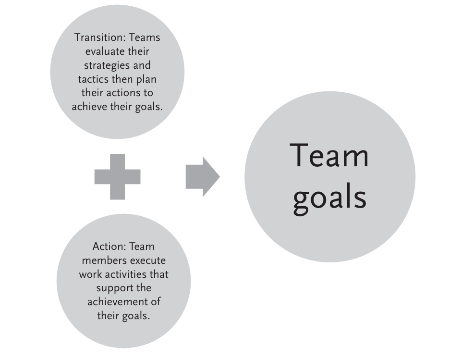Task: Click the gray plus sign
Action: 117,176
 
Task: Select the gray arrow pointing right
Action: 202,176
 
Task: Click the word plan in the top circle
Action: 146,79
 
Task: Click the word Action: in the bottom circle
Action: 109,247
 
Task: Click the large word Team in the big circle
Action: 329,156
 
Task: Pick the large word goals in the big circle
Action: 329,197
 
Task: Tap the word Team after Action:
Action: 143,247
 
